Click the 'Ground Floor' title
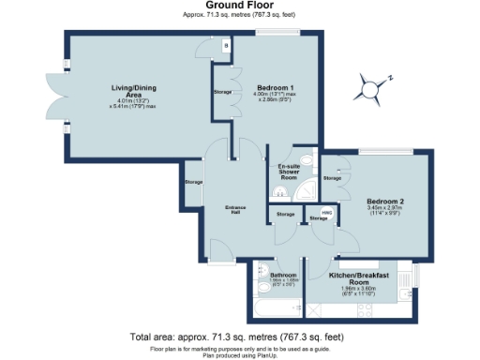tap(239, 6)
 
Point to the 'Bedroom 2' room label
tap(384, 202)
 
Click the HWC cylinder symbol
tap(326, 212)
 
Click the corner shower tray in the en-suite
tap(306, 190)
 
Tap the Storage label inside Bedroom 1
tap(222, 92)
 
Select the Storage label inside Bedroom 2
tap(333, 177)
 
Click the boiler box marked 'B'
tap(225, 44)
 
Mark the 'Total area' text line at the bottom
tap(239, 336)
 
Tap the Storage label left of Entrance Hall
tap(193, 182)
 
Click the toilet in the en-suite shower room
tap(279, 193)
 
